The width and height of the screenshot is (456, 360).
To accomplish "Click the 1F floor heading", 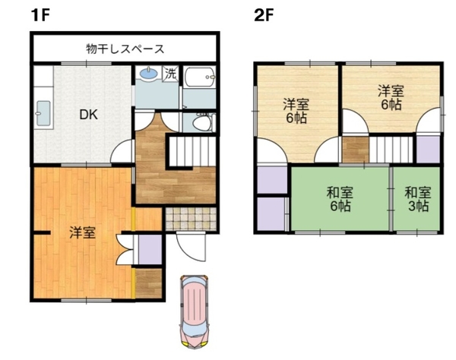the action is click(x=40, y=15).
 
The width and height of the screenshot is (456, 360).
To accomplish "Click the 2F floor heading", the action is click(x=264, y=15).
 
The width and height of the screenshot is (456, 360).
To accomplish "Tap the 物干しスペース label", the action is click(x=125, y=49).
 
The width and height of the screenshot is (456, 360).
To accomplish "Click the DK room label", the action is click(x=89, y=115).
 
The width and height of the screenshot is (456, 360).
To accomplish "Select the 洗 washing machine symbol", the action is click(x=170, y=74).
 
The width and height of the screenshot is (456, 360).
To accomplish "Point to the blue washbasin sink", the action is click(x=149, y=73).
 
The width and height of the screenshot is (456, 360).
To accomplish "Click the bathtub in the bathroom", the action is click(x=200, y=77).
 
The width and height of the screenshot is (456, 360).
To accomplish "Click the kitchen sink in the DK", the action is click(x=43, y=113).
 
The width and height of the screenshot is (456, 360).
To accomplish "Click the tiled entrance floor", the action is click(x=191, y=219).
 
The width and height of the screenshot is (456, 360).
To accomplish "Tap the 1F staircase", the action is click(x=192, y=152).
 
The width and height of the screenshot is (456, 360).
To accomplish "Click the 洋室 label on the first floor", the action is click(x=82, y=233).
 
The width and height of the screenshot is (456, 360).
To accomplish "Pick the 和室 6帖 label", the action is click(x=340, y=199).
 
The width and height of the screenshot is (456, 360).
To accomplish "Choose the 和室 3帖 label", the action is click(x=417, y=199).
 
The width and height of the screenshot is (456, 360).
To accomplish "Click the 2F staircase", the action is click(x=391, y=150).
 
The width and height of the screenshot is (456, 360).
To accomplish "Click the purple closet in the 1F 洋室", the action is click(x=150, y=249).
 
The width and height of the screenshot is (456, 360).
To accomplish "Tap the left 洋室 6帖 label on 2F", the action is click(x=296, y=111).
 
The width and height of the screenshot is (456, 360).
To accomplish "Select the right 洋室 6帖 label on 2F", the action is click(x=391, y=97).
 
